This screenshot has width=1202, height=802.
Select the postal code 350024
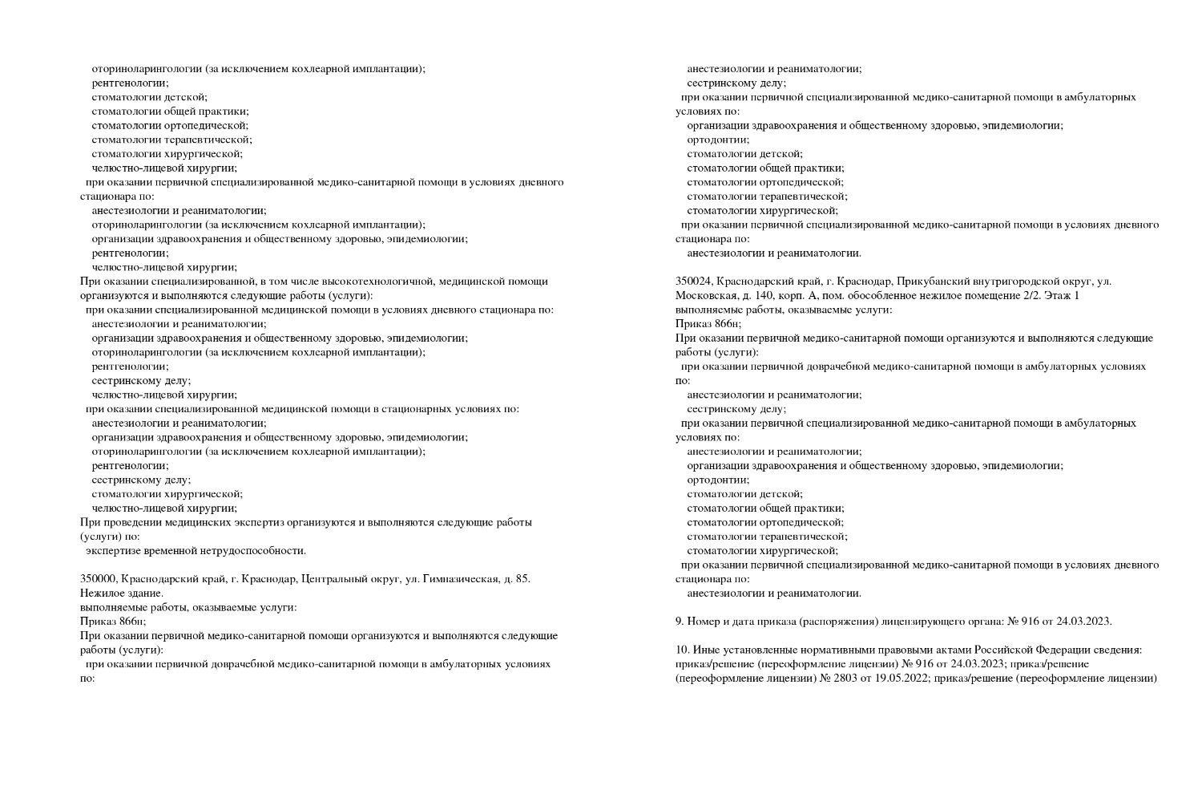click(693, 282)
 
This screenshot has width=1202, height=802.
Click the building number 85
click(522, 579)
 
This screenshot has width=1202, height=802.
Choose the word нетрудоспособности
click(255, 551)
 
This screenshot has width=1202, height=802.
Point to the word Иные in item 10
click(705, 650)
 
